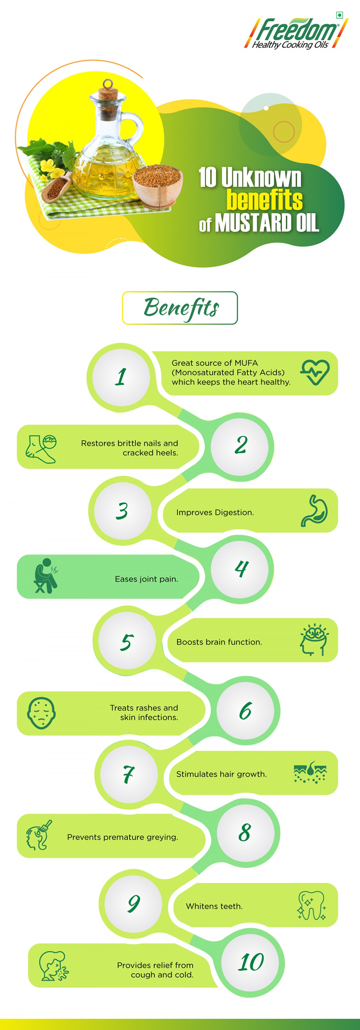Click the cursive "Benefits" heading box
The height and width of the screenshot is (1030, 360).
coord(180,308)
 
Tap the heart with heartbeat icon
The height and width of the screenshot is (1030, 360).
coord(315,372)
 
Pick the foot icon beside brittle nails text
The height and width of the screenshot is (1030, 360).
coord(41,449)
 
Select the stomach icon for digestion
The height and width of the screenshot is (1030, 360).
coord(314,510)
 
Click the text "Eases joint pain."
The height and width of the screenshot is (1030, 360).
coord(147,579)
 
